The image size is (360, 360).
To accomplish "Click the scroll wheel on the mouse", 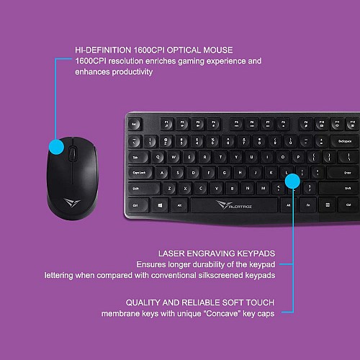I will pos(73,153).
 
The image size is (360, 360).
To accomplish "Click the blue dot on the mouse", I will pos(55,148).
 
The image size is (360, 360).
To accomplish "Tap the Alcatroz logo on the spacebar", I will pos(236,205).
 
